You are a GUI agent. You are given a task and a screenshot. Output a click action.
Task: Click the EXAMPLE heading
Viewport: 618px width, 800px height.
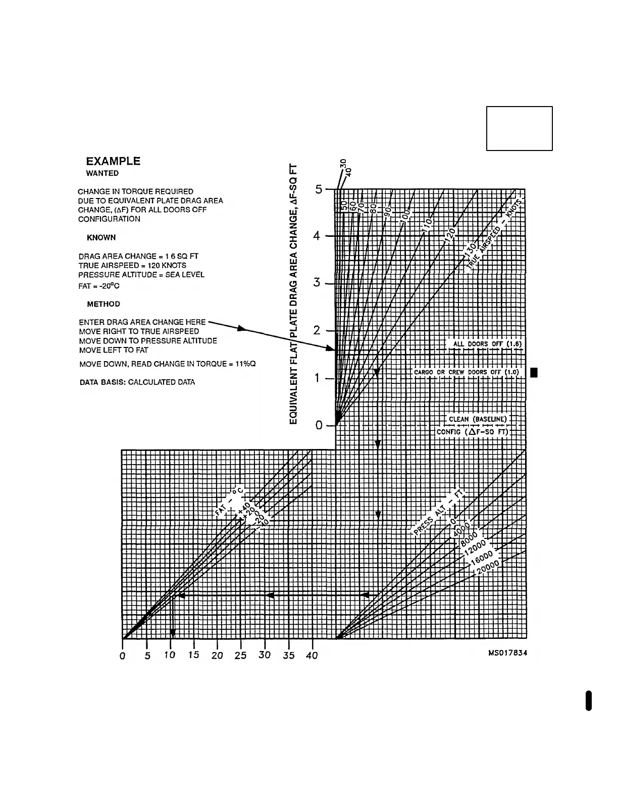point(113,162)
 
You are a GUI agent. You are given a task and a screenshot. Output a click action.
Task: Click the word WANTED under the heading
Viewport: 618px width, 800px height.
point(102,173)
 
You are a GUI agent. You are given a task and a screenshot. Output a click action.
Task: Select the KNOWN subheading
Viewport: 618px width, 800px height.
point(101,237)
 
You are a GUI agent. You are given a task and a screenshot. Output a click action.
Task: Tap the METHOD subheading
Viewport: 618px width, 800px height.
point(104,304)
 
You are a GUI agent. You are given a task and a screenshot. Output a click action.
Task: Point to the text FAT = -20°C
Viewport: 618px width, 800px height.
point(99,286)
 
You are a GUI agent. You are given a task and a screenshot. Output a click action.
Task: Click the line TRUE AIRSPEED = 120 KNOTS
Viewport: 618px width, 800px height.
point(132,265)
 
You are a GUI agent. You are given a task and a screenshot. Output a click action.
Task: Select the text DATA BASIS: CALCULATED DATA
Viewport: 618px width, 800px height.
point(137,382)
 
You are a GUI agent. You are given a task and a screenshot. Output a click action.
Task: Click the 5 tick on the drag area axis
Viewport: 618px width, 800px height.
point(319,189)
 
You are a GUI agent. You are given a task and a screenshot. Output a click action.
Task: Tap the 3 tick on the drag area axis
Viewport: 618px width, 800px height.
point(317,283)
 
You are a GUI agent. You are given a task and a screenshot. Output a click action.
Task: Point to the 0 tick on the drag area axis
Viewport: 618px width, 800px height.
point(319,425)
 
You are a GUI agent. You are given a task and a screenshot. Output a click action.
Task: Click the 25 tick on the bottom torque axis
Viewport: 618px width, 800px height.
point(240,655)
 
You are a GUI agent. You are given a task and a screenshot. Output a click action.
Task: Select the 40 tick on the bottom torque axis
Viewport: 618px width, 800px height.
point(312,655)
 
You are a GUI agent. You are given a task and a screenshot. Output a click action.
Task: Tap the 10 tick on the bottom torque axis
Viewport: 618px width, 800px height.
point(170,655)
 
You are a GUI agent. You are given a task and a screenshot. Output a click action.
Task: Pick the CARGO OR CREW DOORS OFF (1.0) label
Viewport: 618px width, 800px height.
point(466,373)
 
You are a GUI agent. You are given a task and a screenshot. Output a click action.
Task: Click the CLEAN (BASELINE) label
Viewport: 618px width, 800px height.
point(478,419)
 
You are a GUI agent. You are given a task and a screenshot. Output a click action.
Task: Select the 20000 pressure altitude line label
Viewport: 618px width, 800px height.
point(487,567)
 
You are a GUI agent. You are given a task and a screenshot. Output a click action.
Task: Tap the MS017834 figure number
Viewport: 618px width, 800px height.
point(507,653)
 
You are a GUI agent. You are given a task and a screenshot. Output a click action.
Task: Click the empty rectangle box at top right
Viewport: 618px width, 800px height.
point(519,128)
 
